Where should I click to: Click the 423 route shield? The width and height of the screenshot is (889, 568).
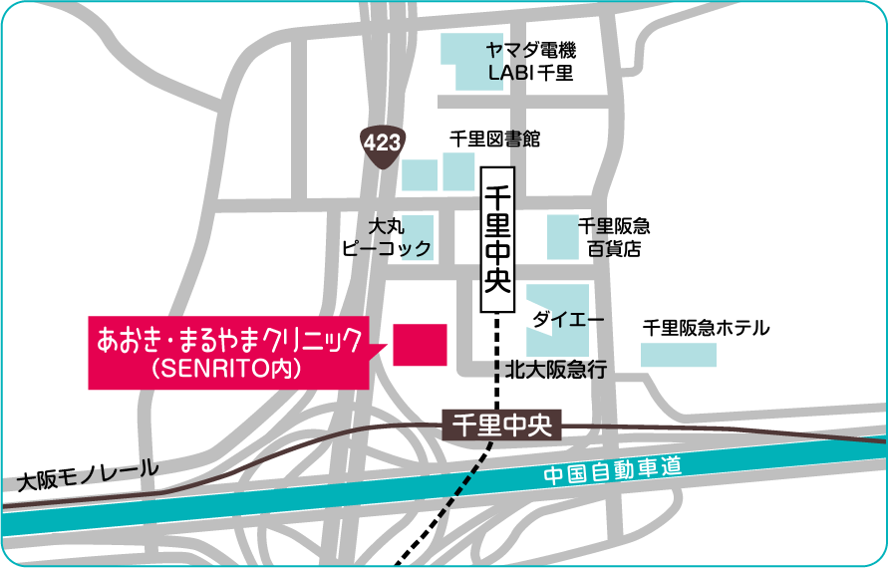coord(382,142)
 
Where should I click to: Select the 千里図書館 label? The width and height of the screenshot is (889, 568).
coord(495,140)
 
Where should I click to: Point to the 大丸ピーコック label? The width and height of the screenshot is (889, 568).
coord(386,237)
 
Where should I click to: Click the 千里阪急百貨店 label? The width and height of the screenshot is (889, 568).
coord(614,237)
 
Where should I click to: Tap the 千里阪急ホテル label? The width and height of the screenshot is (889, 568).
coord(707,327)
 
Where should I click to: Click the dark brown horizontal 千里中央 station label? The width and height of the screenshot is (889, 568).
coord(502,426)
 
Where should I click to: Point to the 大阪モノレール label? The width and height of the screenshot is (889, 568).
coord(89,474)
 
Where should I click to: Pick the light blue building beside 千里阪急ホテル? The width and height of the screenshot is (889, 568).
coord(678,354)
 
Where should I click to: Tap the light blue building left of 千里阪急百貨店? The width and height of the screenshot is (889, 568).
coord(562,237)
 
